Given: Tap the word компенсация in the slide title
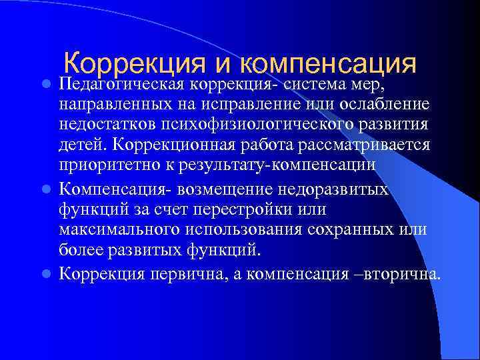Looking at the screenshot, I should point(327,65).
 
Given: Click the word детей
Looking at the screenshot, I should point(79,147).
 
